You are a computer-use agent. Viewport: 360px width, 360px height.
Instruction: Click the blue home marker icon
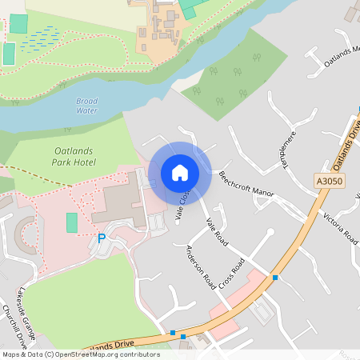[x=180, y=173]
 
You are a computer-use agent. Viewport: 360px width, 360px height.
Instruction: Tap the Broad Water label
[x=87, y=106]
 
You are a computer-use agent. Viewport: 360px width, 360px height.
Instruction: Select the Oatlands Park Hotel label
[x=74, y=156]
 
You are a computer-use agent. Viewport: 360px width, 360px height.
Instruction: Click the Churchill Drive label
[x=15, y=329]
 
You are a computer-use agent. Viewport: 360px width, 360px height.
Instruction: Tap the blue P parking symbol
[x=102, y=238]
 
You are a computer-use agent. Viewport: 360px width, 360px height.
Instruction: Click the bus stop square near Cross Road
[x=275, y=277]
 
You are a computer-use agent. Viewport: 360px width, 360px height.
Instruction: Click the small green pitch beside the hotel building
[x=72, y=222]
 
